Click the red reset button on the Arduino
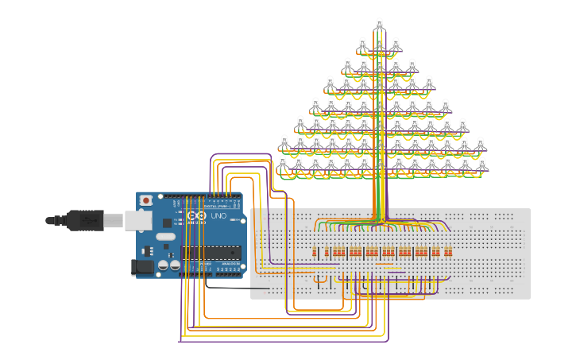point(145,201)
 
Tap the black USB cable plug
point(85,220)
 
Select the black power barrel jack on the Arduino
point(141,268)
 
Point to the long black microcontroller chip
point(211,253)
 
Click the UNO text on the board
point(218,215)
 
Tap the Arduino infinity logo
point(196,215)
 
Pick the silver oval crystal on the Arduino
point(165,236)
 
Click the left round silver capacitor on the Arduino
point(163,265)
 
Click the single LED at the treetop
point(379,25)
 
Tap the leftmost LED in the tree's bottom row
point(282,163)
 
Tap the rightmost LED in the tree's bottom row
point(481,165)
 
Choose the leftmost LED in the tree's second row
point(284,143)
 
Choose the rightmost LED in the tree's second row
point(480,145)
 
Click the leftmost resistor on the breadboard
point(315,253)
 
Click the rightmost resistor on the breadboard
point(450,253)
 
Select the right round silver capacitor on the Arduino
point(175,265)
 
